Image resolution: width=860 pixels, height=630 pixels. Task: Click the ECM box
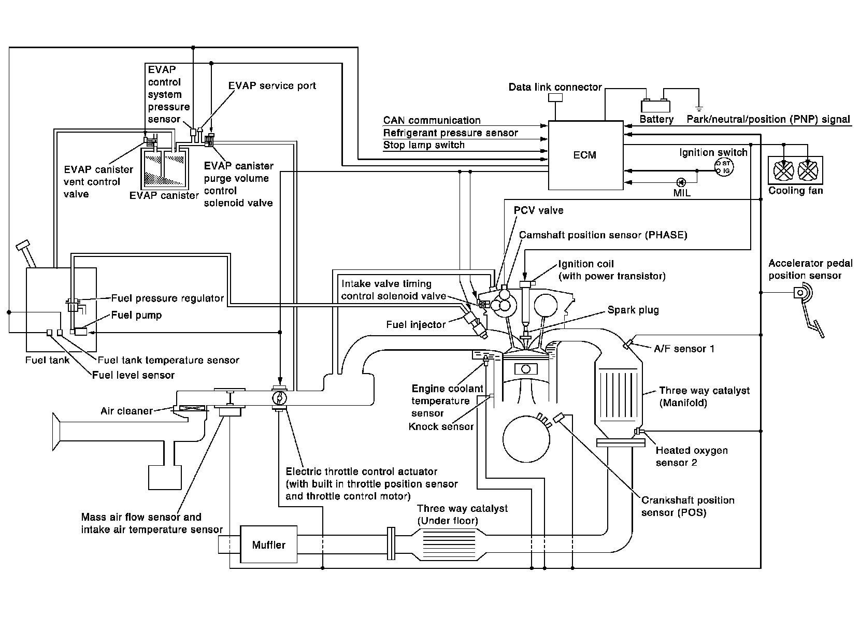pyautogui.click(x=585, y=155)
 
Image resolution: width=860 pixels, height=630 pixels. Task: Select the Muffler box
pyautogui.click(x=268, y=545)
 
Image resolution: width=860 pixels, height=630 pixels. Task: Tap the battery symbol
pyautogui.click(x=655, y=105)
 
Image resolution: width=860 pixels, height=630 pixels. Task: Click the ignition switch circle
pyautogui.click(x=724, y=167)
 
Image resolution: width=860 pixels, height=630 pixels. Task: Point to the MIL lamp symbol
pyautogui.click(x=681, y=182)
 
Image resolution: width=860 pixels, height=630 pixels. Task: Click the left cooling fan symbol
pyautogui.click(x=783, y=170)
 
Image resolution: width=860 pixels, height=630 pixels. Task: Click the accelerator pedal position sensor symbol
pyautogui.click(x=802, y=294)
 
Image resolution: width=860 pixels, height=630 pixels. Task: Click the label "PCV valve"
pyautogui.click(x=538, y=210)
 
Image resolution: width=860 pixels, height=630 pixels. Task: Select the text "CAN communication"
pyautogui.click(x=432, y=121)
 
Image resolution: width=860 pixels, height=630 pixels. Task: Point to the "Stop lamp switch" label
pyautogui.click(x=424, y=145)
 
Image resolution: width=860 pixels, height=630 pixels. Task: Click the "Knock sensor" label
pyautogui.click(x=441, y=427)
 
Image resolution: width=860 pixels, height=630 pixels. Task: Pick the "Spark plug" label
pyautogui.click(x=633, y=310)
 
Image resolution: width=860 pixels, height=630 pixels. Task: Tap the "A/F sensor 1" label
pyautogui.click(x=684, y=349)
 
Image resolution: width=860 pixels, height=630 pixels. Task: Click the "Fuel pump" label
pyautogui.click(x=136, y=315)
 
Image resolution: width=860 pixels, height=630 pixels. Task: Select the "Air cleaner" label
pyautogui.click(x=126, y=411)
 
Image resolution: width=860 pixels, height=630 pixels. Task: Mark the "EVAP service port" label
pyautogui.click(x=272, y=85)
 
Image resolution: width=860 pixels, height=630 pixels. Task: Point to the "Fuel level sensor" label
pyautogui.click(x=133, y=375)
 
